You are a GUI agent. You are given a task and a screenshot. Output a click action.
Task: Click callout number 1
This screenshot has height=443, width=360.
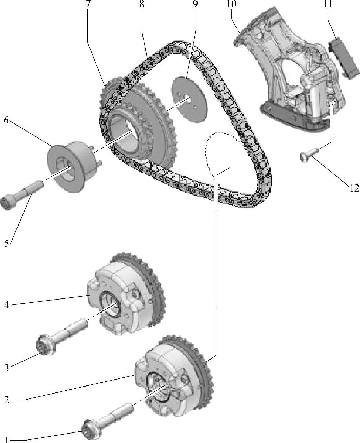click(x=7, y=439)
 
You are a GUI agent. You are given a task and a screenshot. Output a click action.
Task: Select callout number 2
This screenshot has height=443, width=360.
click(x=7, y=399)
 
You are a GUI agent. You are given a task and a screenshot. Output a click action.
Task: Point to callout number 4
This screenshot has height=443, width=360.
click(x=7, y=305)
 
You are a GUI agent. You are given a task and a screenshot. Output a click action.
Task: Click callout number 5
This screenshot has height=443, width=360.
click(x=7, y=243)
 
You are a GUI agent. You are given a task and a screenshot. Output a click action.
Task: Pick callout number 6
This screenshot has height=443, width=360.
click(x=6, y=120)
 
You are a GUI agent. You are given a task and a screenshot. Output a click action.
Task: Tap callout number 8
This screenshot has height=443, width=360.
click(x=142, y=4)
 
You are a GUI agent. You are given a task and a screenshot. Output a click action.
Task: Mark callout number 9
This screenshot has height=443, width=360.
click(x=195, y=4)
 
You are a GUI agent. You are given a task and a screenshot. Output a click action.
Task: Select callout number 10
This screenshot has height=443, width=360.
click(x=231, y=4)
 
